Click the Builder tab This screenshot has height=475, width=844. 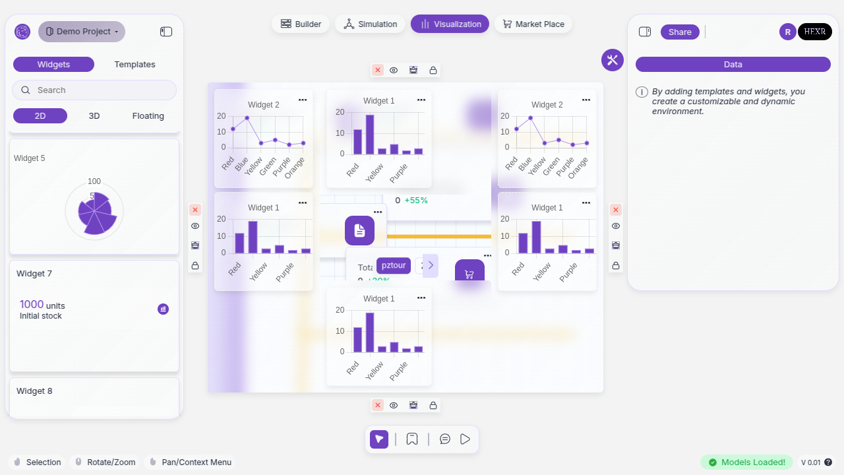click(301, 24)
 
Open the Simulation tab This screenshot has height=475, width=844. click(370, 24)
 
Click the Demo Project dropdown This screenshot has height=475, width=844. click(82, 32)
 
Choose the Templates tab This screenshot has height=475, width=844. click(135, 65)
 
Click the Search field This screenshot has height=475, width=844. click(94, 90)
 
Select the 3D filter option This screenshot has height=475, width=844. click(94, 116)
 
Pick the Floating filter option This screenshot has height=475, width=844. click(148, 116)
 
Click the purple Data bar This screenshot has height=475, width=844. click(733, 65)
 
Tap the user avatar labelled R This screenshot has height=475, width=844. click(787, 32)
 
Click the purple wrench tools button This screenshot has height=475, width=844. click(612, 60)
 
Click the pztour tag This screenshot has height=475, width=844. click(394, 265)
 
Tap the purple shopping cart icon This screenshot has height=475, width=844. click(469, 273)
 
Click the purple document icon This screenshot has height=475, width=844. click(359, 230)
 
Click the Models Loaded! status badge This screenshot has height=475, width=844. click(746, 462)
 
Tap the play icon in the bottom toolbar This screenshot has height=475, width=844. click(466, 439)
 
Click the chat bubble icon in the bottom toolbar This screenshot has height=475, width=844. click(445, 439)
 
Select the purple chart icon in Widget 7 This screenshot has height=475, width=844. click(163, 309)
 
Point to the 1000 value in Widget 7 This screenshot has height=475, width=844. click(32, 305)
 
